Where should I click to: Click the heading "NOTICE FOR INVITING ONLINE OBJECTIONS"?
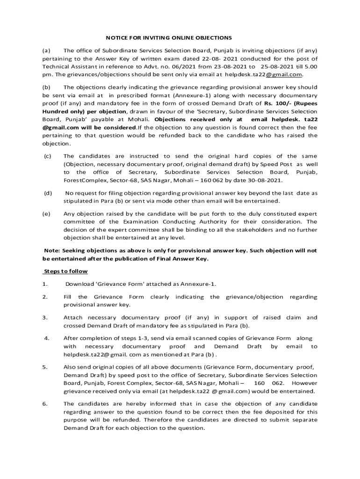(x=168, y=37)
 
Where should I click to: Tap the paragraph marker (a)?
(x=46, y=50)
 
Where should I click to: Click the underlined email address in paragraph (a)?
(x=264, y=74)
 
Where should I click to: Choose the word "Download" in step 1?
(x=79, y=284)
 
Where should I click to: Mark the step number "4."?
(x=46, y=338)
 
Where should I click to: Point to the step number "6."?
(x=45, y=404)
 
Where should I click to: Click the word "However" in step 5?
(x=305, y=384)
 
